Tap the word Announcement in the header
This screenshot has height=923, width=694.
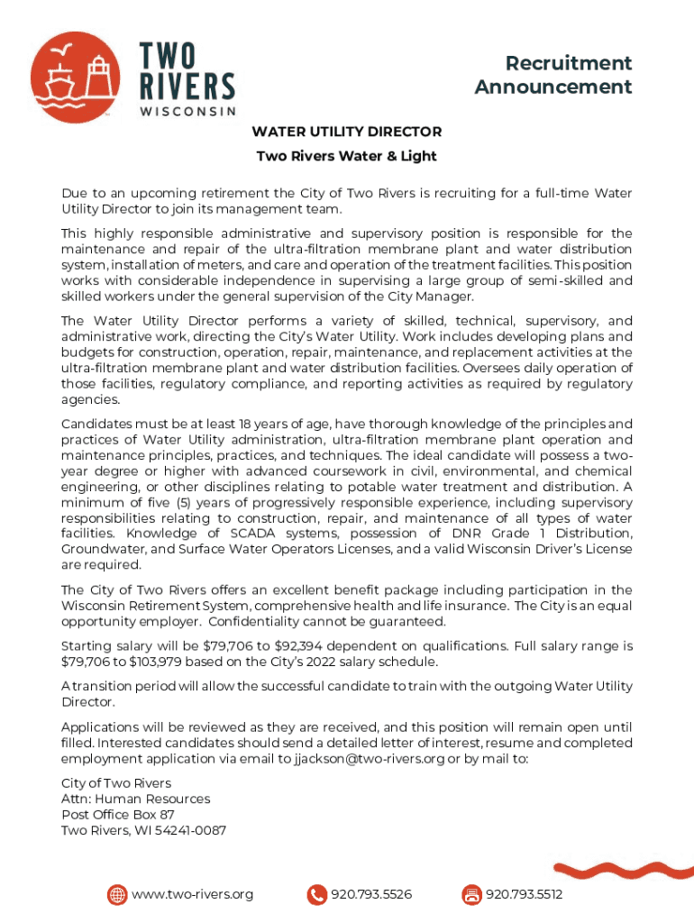[x=553, y=87]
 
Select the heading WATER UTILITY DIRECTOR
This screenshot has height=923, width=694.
[x=346, y=132]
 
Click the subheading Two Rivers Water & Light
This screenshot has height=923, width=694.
[x=346, y=156]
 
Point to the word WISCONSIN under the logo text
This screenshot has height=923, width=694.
[x=187, y=111]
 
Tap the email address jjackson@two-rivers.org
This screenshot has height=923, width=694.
[x=370, y=759]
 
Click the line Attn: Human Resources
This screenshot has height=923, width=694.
[x=135, y=799]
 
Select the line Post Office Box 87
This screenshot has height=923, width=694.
[x=118, y=815]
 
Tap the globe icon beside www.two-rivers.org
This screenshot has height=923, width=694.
[x=117, y=895]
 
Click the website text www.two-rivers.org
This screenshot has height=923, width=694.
[x=192, y=895]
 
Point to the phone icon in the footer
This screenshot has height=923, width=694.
[x=317, y=895]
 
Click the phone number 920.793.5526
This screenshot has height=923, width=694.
[x=371, y=895]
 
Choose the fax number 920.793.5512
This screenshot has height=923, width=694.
[x=524, y=895]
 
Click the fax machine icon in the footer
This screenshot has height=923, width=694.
[x=471, y=895]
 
